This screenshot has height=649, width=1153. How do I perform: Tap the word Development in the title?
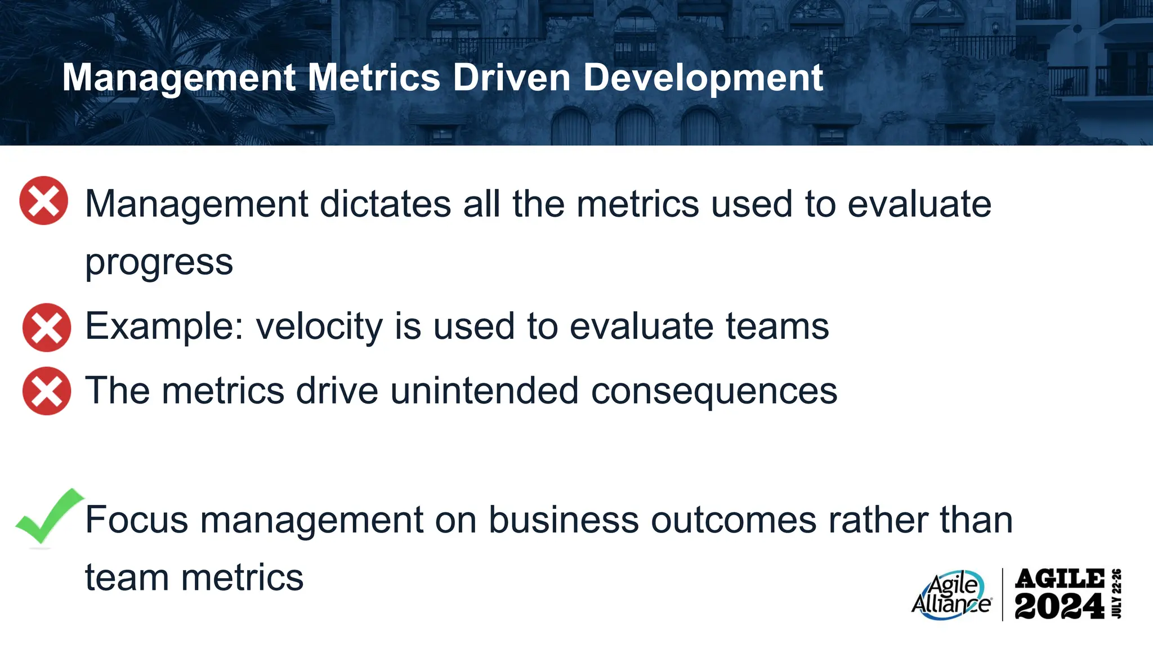(703, 78)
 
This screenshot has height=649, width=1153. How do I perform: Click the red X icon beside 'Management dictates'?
(44, 200)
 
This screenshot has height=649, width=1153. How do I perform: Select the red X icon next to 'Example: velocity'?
(47, 328)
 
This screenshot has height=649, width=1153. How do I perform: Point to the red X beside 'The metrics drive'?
(47, 391)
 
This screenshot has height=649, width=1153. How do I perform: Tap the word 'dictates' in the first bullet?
(385, 203)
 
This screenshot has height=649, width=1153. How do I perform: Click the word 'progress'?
(159, 263)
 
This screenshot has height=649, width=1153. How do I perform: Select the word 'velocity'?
(319, 326)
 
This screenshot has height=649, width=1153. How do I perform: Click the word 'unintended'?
(484, 391)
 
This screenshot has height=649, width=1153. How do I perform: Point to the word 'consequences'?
(714, 391)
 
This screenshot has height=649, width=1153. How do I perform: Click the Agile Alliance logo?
(951, 596)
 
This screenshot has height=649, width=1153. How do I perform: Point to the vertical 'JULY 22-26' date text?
(1117, 594)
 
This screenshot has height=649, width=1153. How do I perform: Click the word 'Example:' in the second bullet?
(164, 326)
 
